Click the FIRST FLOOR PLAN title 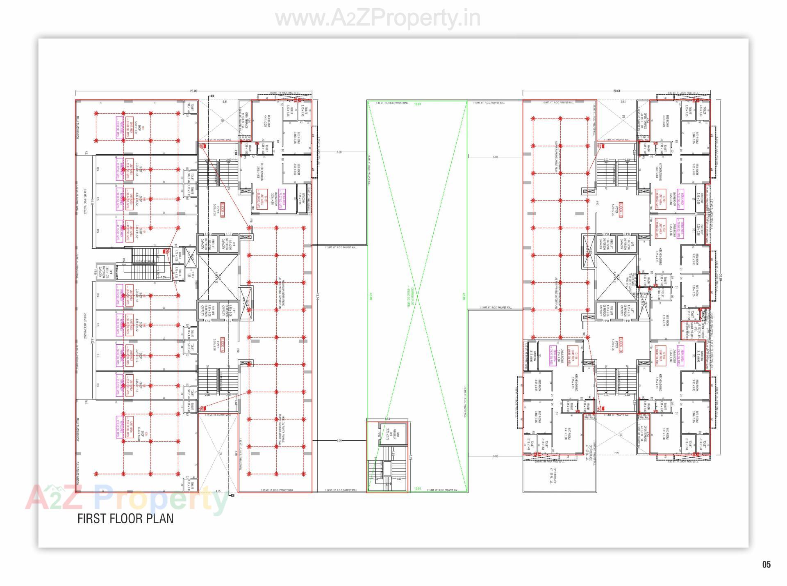pos(125,518)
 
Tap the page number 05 pos(766,565)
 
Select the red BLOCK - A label pos(223,343)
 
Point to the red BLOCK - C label pos(621,209)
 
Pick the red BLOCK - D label pos(621,343)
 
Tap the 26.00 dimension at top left pos(193,91)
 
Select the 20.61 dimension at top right pos(616,91)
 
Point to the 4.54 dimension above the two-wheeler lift pos(387,419)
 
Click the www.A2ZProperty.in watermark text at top pos(378,18)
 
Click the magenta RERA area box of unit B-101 pos(282,200)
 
